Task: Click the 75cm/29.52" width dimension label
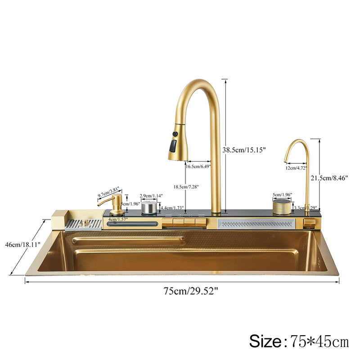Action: pos(191,290)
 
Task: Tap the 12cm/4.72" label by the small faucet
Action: pos(296,168)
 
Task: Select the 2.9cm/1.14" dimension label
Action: pos(151,196)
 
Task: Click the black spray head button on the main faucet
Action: pos(173,145)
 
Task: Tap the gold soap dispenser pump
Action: pos(116,205)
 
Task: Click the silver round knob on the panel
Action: pos(149,208)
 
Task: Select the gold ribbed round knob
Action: pos(282,207)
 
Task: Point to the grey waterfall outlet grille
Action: pos(256,223)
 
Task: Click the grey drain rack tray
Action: pos(84,224)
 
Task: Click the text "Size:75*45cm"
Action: pos(299,341)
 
